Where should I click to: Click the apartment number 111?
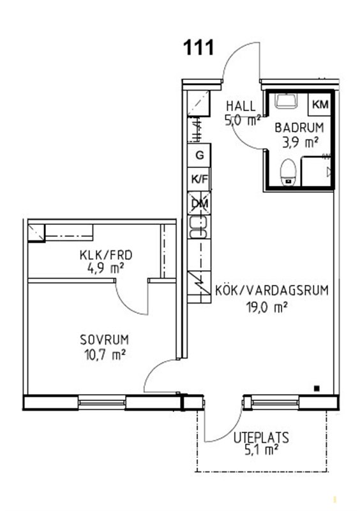click(199, 47)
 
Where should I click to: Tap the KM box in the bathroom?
click(320, 104)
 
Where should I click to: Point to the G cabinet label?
click(199, 155)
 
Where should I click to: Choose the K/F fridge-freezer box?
click(199, 179)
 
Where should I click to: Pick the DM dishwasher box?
click(199, 204)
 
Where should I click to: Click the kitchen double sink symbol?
click(199, 227)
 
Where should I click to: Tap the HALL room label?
click(241, 106)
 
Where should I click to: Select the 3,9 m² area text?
click(300, 142)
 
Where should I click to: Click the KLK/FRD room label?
click(106, 255)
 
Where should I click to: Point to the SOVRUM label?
click(104, 340)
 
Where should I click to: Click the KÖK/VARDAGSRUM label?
click(272, 290)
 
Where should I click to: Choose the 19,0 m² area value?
click(267, 307)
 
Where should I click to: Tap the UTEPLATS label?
click(261, 438)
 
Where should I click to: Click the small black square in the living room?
click(317, 388)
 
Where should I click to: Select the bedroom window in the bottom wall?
click(102, 402)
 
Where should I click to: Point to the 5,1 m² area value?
click(261, 450)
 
